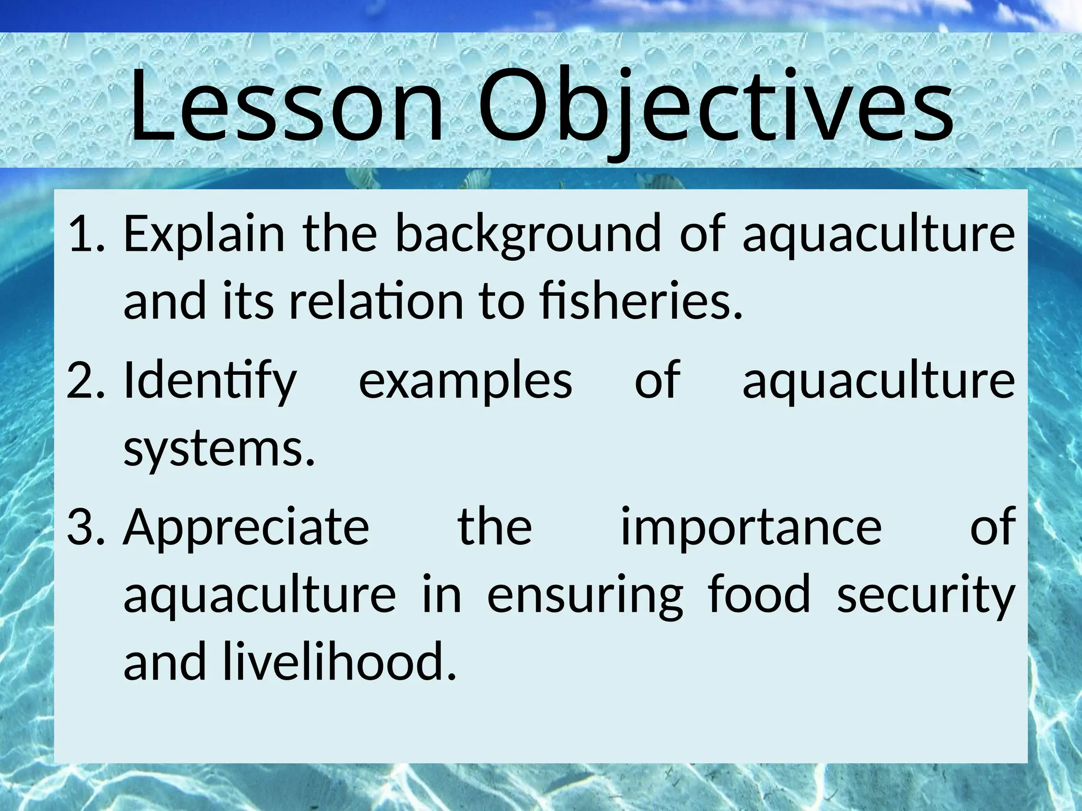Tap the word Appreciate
pyautogui.click(x=246, y=528)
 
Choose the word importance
pyautogui.click(x=751, y=528)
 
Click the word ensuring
pyautogui.click(x=585, y=596)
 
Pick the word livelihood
pyautogui.click(x=338, y=662)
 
